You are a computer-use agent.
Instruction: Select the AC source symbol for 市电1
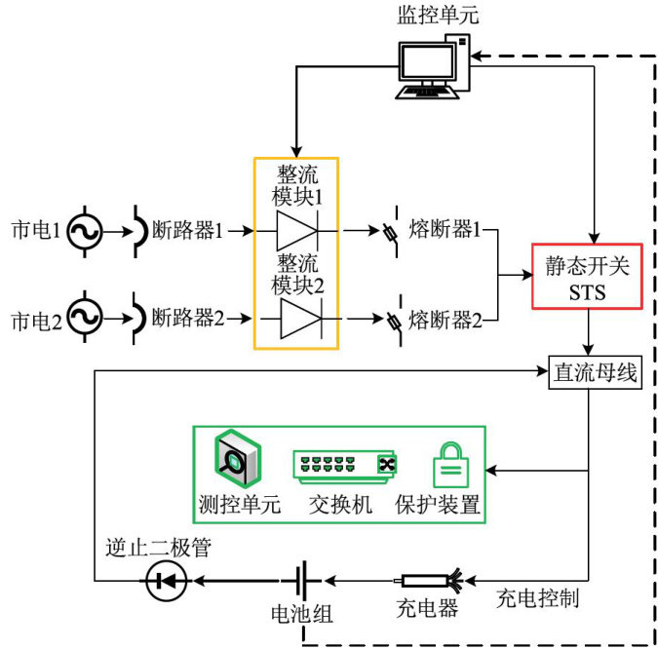(x=86, y=232)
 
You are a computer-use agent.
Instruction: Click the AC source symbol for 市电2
(x=86, y=318)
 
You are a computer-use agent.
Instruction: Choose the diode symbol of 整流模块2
(x=297, y=319)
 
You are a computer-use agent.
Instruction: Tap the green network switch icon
(x=347, y=465)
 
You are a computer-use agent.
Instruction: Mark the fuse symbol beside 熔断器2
(x=394, y=320)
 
